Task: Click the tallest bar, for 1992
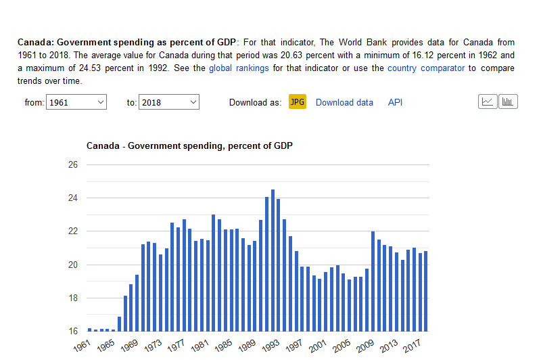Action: coord(273,261)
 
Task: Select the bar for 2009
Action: coord(373,282)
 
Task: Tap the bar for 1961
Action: coord(89,330)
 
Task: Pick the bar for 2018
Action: coord(425,291)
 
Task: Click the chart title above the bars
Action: coord(189,145)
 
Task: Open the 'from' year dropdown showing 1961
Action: coord(76,102)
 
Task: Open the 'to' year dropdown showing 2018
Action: coord(168,102)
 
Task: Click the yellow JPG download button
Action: coord(297,102)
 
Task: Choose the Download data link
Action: coord(344,102)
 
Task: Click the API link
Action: coord(395,102)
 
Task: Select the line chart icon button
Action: coord(487,102)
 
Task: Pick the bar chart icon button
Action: coord(508,102)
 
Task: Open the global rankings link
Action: coord(239,68)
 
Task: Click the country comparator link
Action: coord(426,68)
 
